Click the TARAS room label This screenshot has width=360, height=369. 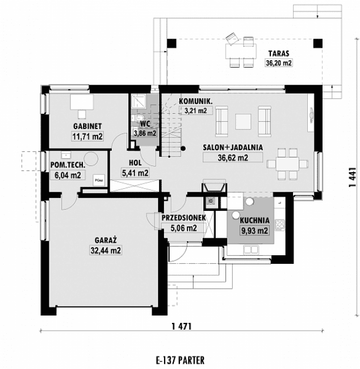278,54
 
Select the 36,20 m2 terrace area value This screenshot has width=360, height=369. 278,64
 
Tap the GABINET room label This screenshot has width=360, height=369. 87,126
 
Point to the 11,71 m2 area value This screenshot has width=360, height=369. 87,136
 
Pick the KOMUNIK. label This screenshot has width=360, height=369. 195,101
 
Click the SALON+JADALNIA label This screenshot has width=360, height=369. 233,147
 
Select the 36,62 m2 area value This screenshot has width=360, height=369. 233,158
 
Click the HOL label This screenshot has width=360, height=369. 136,163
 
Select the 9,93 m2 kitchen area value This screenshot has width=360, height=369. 254,230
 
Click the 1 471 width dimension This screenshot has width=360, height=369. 180,326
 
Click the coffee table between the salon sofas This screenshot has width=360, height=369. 243,121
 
